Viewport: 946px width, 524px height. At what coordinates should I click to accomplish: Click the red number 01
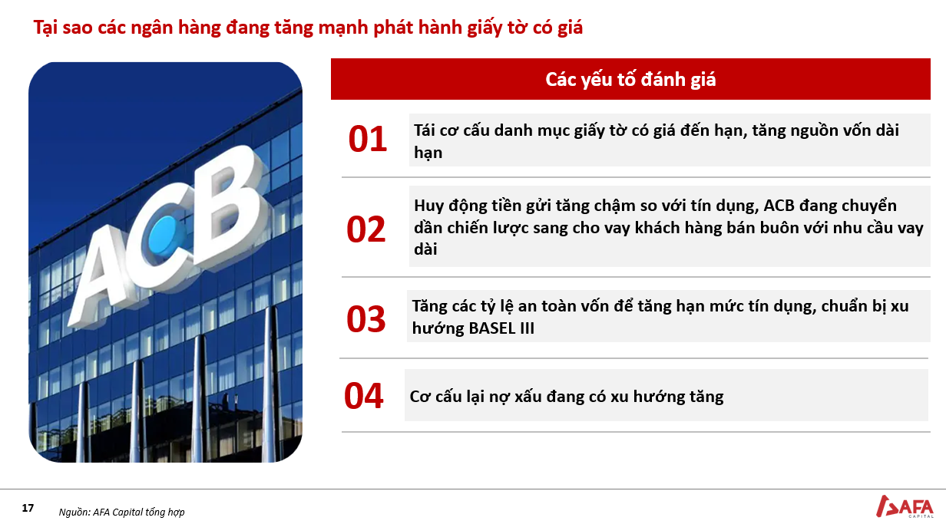[367, 139]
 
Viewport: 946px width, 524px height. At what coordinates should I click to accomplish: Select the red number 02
[365, 229]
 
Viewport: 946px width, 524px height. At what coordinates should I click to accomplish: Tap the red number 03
[365, 319]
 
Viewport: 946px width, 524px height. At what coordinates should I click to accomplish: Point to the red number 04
[364, 396]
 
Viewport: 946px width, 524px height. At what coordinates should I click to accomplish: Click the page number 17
[28, 508]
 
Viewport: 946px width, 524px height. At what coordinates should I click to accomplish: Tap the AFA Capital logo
[905, 506]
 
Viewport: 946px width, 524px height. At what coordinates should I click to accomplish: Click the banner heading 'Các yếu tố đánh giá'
[630, 79]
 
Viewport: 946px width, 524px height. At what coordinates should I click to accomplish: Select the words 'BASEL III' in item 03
[501, 328]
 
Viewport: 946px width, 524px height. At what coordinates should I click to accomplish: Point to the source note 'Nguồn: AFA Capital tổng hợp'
[121, 512]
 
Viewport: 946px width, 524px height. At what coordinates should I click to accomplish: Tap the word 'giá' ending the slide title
[570, 28]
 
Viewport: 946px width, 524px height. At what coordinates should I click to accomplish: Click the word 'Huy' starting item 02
[428, 206]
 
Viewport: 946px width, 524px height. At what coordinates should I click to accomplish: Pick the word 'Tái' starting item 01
[424, 130]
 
